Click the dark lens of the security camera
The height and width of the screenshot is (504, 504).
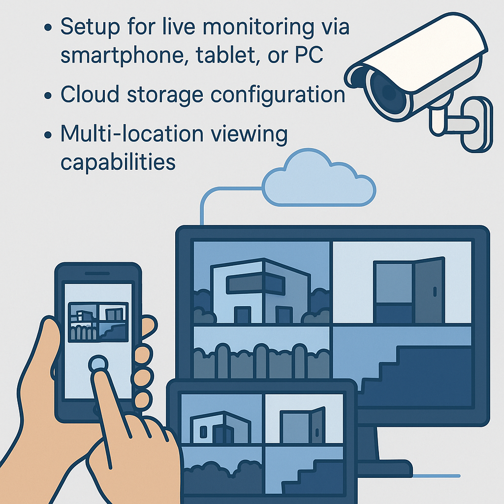coord(388,91)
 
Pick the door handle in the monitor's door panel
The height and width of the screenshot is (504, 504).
coord(434,291)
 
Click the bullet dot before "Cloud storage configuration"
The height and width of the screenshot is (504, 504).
coord(48,94)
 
